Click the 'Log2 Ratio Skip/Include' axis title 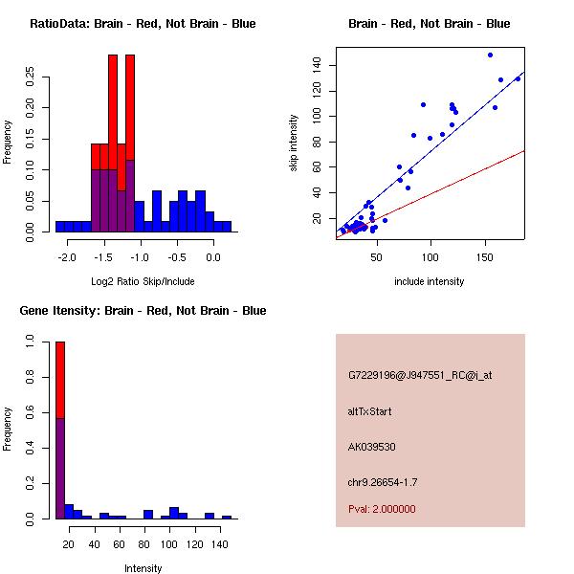pos(143,281)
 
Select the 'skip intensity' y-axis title pos(294,143)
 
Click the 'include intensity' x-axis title pos(429,281)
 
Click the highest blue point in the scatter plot pos(491,55)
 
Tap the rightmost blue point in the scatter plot pos(519,78)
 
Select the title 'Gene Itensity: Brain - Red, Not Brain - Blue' pos(143,311)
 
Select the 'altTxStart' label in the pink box pos(370,411)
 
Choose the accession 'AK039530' pos(372,447)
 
